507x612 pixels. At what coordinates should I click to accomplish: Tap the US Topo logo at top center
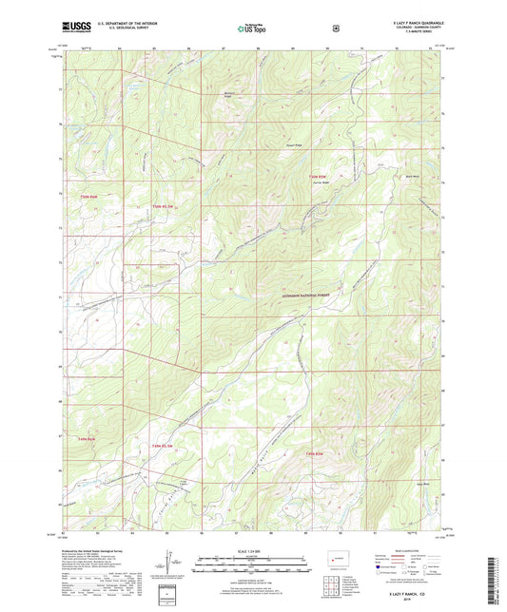252,29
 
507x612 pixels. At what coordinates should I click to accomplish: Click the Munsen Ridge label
228,95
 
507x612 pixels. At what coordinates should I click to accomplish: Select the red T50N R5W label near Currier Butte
317,176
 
